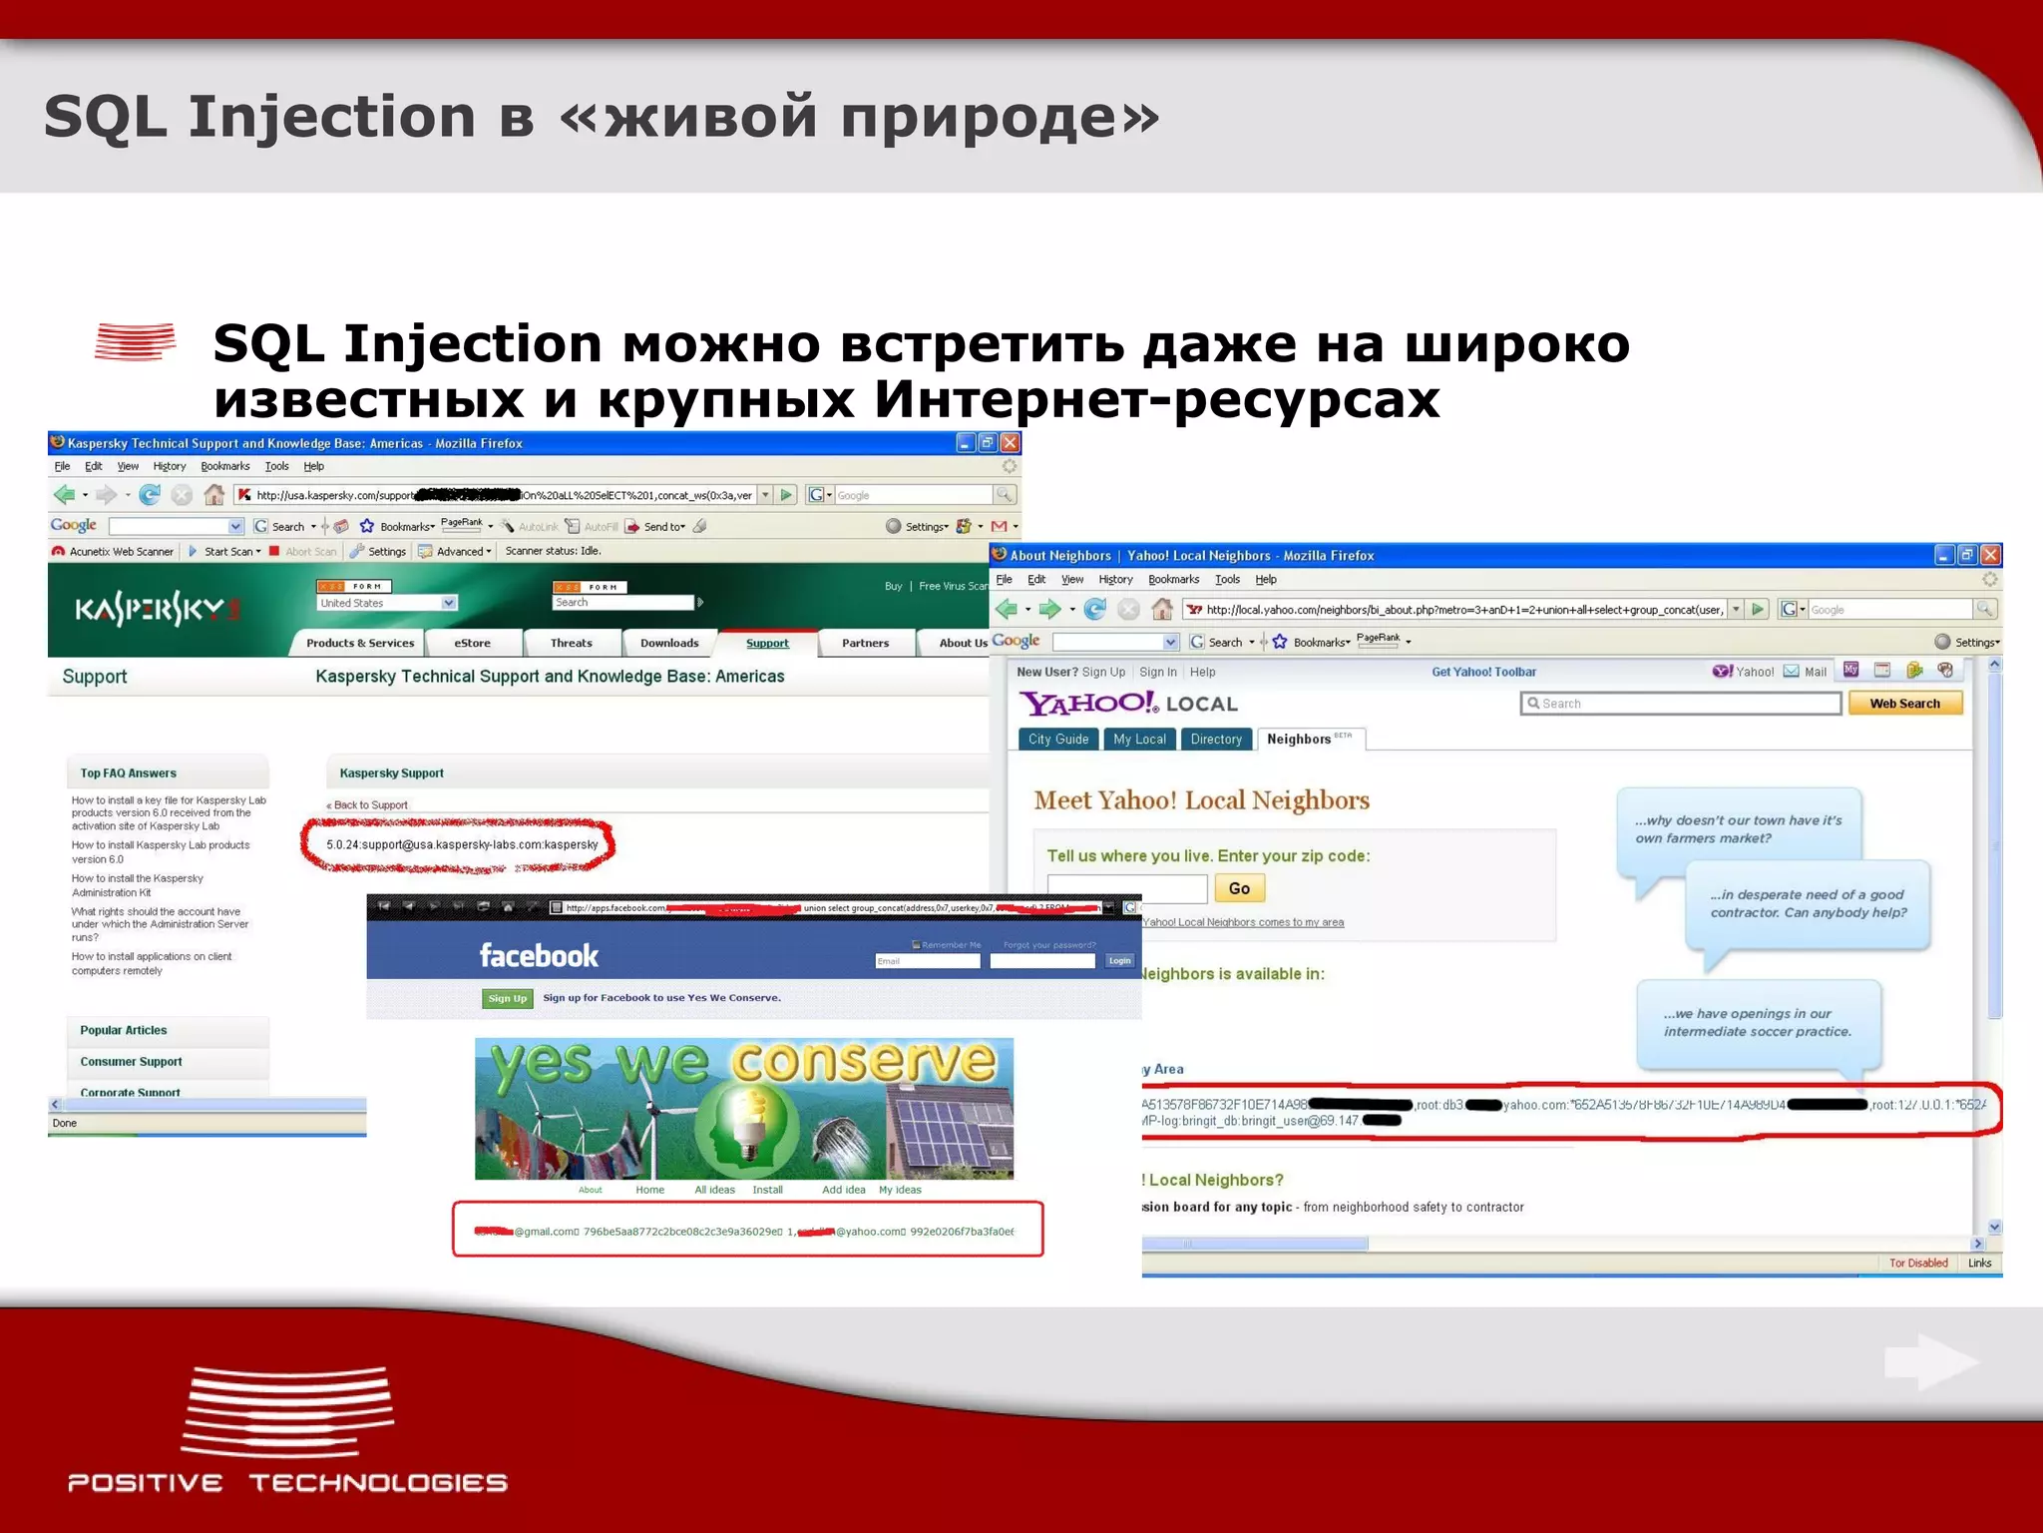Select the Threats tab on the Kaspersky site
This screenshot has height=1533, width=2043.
coord(571,644)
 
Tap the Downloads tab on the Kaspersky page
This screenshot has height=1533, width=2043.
coord(669,644)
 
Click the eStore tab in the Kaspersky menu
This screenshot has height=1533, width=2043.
coord(472,644)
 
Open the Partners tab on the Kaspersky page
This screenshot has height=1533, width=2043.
coord(865,644)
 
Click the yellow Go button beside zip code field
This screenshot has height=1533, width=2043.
coord(1239,888)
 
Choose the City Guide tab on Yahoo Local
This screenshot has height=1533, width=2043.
coord(1058,740)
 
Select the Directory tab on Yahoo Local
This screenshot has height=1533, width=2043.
coord(1216,740)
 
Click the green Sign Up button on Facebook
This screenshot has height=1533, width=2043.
coord(508,998)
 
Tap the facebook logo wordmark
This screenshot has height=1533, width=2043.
coord(539,956)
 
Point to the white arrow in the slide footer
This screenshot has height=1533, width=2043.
coord(1930,1362)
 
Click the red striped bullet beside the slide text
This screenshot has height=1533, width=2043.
coord(136,341)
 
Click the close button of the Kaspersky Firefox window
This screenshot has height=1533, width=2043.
coord(1011,443)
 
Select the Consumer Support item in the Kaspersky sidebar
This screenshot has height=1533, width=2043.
coord(131,1062)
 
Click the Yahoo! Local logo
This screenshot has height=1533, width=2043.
coord(1128,704)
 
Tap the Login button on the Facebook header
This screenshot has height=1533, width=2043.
coord(1119,961)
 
